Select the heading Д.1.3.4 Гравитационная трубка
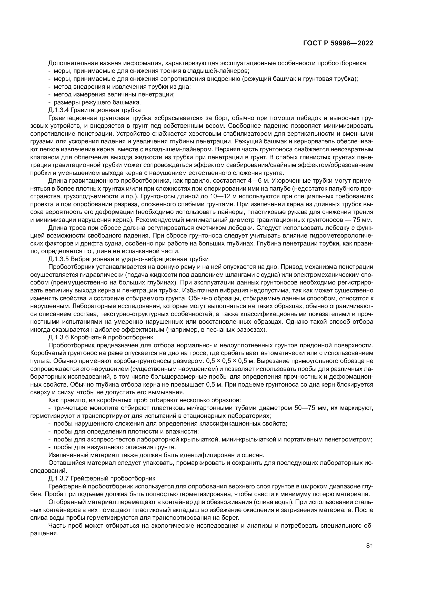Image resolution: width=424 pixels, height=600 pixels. [x=94, y=110]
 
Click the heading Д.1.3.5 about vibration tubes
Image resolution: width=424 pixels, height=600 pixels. [x=128, y=259]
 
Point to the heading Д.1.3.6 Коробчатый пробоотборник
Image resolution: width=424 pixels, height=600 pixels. [x=100, y=337]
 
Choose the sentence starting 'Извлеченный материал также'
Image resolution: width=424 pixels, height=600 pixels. [x=156, y=455]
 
